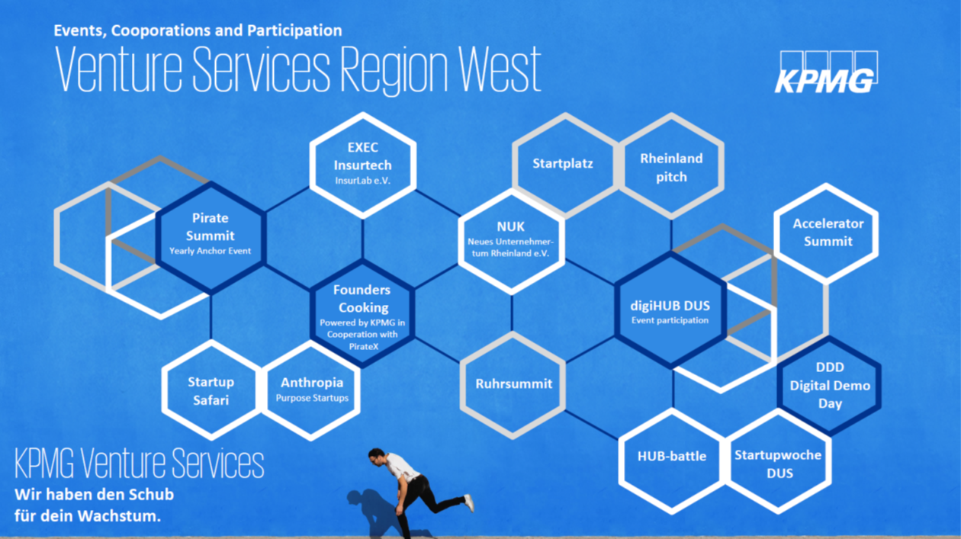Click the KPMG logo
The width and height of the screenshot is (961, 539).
coord(826,72)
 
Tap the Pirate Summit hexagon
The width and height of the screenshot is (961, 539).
coord(211,238)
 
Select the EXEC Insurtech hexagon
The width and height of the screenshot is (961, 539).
coord(363,165)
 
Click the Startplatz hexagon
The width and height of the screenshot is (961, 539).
coord(565,165)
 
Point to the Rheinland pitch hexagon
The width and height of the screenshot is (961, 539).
coord(671,166)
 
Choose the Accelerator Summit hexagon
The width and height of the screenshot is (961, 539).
coord(827,234)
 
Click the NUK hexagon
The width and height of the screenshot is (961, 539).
coord(511,242)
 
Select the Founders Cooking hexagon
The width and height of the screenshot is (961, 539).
coord(362,314)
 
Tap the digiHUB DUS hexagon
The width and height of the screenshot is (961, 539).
coord(670,310)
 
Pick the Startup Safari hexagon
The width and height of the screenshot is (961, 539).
coord(211,390)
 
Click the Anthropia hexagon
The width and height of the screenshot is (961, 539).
coord(311,390)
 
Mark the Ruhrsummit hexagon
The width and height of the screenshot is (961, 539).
coord(513,385)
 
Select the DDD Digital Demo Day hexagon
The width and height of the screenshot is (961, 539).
coord(829,386)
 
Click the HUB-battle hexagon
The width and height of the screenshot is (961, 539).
coord(672,461)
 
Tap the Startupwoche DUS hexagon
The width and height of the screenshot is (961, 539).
coord(778,461)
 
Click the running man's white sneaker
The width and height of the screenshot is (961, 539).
coord(469,503)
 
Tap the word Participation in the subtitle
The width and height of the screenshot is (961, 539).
coord(294,30)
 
